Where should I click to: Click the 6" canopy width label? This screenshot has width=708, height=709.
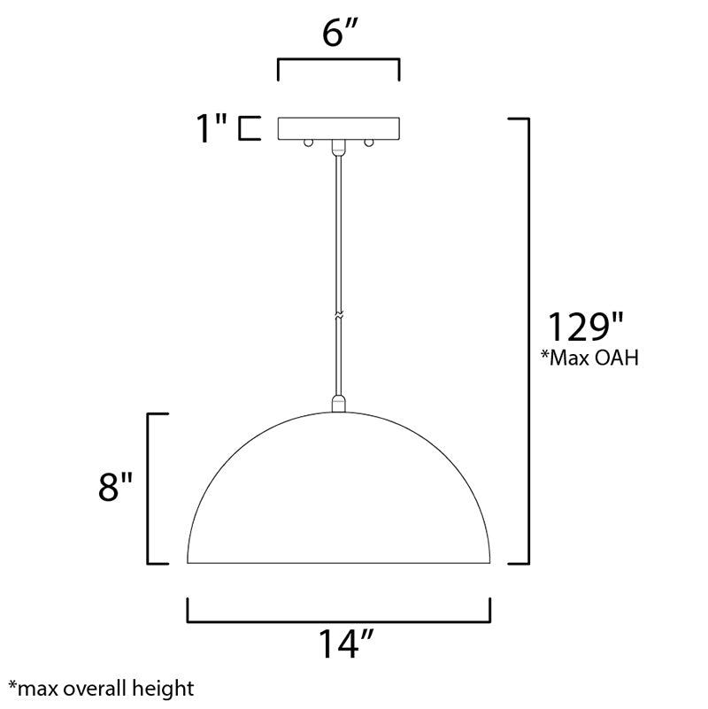(x=340, y=34)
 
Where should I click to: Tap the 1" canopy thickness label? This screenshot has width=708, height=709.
(x=212, y=128)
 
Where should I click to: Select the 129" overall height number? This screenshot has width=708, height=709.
(x=586, y=327)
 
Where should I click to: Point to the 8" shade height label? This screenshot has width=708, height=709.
(x=115, y=487)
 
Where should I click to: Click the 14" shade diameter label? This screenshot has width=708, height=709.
(x=346, y=643)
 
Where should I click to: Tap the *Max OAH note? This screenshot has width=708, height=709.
(x=590, y=358)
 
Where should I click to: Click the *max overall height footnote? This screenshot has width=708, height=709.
(x=101, y=689)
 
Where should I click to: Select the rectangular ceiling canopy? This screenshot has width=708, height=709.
(x=339, y=128)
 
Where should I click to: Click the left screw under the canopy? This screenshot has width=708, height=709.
(x=308, y=143)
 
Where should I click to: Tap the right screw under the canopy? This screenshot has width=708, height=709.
(x=369, y=143)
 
